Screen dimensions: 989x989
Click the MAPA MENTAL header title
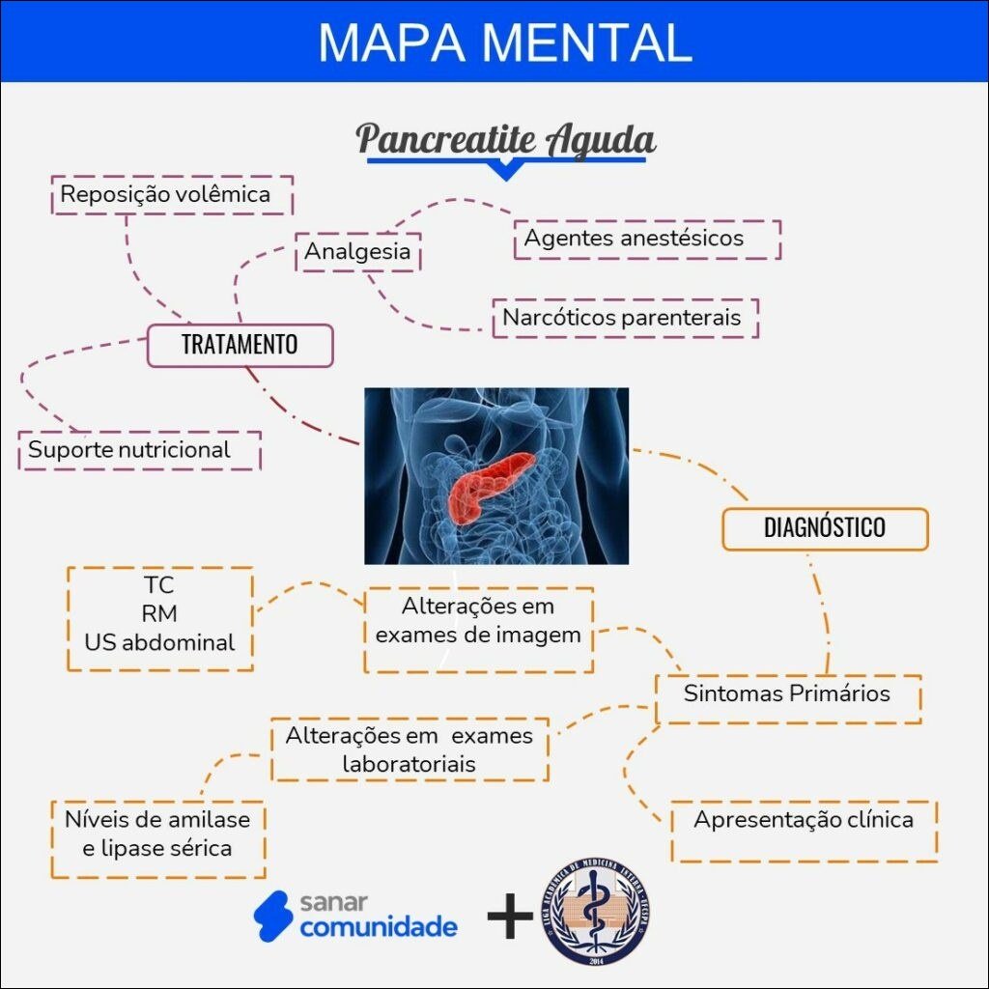(x=504, y=42)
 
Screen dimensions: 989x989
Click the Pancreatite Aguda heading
(x=505, y=140)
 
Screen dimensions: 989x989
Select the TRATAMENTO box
(x=240, y=345)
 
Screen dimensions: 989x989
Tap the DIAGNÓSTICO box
(x=824, y=528)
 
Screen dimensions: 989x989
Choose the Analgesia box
(x=357, y=252)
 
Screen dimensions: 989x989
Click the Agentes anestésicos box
(x=647, y=239)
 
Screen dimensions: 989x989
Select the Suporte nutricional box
(x=139, y=450)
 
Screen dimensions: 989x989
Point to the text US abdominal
(x=159, y=642)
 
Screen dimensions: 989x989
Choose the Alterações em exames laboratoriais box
(x=410, y=749)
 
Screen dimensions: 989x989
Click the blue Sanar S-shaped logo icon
(x=272, y=914)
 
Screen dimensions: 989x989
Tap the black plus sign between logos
(x=510, y=916)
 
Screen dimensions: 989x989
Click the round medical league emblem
(x=595, y=911)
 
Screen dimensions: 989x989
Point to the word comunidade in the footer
(x=379, y=928)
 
